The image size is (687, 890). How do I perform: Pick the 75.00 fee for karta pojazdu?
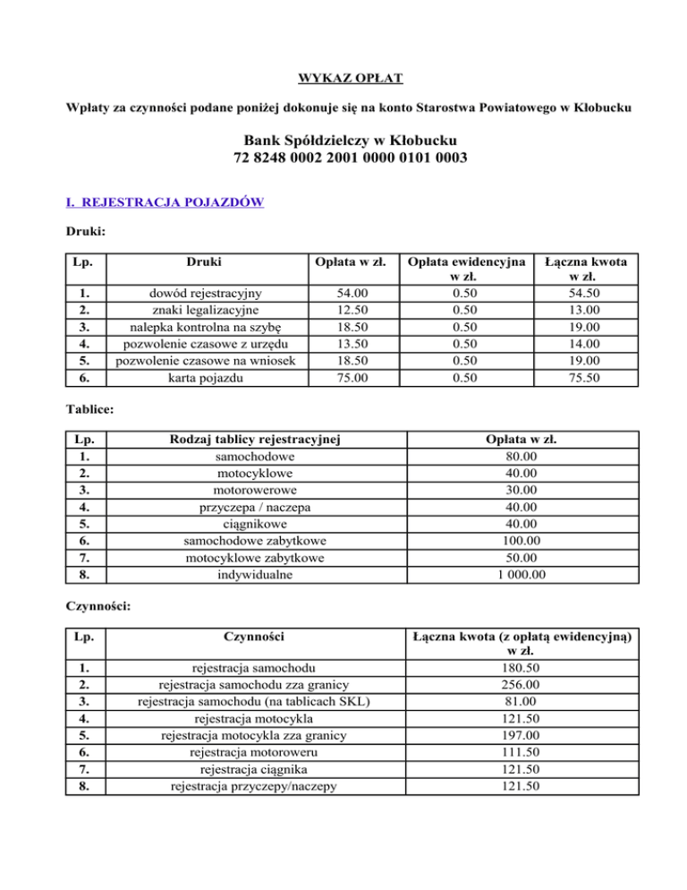(x=351, y=378)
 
